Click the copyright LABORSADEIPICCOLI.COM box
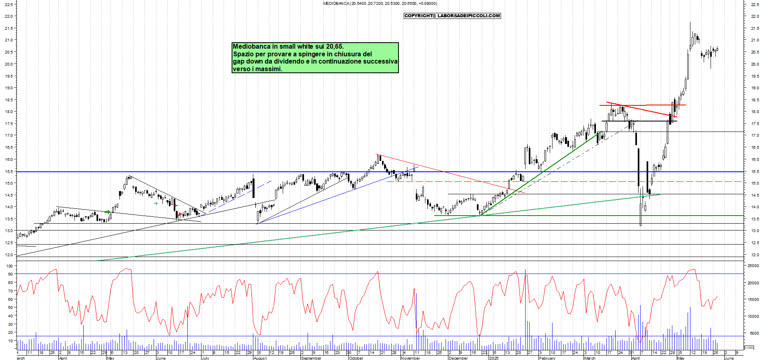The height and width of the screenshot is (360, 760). tap(452, 16)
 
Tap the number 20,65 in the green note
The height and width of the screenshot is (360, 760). tap(335, 47)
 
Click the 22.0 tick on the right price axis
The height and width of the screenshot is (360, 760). tap(754, 16)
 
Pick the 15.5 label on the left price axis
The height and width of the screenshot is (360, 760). tap(8, 171)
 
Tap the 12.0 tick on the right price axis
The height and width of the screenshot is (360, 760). tap(754, 255)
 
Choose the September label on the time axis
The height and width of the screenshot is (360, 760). tap(311, 358)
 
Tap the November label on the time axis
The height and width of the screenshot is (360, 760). tap(411, 358)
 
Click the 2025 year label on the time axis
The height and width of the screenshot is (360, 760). tap(494, 358)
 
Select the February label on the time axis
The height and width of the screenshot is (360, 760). tap(547, 358)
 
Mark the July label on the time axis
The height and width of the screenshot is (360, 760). tap(205, 358)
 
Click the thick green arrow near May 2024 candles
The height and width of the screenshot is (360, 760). tap(107, 212)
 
